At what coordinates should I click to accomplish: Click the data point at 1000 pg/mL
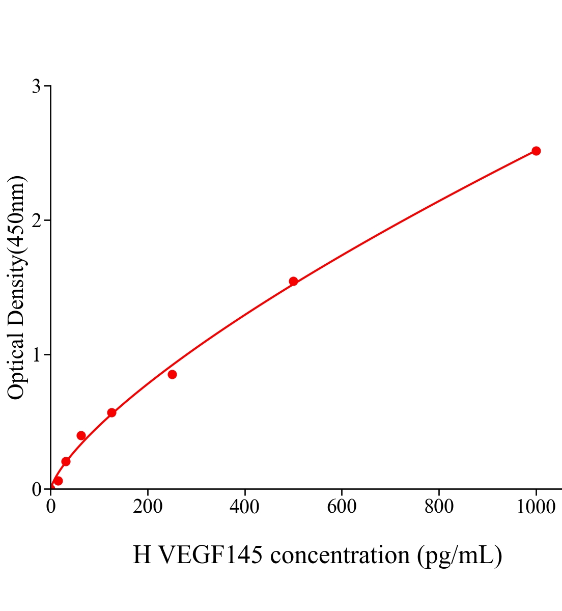click(536, 151)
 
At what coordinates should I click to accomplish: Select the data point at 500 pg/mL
click(293, 281)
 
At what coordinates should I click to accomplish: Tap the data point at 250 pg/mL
click(172, 374)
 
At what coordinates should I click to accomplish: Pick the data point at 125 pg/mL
click(111, 412)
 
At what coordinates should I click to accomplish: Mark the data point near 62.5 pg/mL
click(81, 435)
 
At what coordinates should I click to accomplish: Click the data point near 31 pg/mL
click(66, 461)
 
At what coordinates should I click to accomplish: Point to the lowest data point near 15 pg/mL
click(58, 481)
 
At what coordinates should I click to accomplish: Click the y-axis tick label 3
click(36, 87)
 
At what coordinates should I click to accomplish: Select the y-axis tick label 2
click(36, 220)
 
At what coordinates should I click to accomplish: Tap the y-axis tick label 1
click(36, 355)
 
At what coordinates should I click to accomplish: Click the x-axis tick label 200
click(148, 507)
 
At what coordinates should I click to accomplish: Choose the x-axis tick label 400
click(244, 507)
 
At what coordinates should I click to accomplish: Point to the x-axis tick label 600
click(342, 507)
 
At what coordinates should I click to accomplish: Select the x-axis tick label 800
click(438, 507)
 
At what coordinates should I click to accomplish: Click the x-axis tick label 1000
click(536, 507)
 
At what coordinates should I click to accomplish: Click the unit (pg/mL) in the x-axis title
click(460, 555)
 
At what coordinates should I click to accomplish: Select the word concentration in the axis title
click(340, 555)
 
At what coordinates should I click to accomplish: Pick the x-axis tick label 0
click(51, 507)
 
